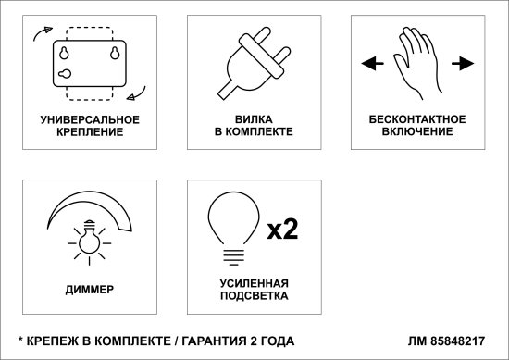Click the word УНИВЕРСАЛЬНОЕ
coord(90,119)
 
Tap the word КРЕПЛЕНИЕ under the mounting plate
coord(90,132)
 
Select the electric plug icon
coord(254,63)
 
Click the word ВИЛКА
coord(254,119)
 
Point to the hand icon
coord(418,63)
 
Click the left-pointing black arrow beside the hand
coord(372,63)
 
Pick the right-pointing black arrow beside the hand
coord(463,63)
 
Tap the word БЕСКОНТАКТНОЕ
coord(417,119)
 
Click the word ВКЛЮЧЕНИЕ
coord(417,131)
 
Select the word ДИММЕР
coord(90,290)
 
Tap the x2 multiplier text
coord(282,230)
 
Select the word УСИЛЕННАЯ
coord(254,283)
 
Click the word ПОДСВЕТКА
coord(254,296)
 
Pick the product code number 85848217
coord(458,341)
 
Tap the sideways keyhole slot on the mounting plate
coord(65,74)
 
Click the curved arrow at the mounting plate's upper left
coord(43,32)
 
